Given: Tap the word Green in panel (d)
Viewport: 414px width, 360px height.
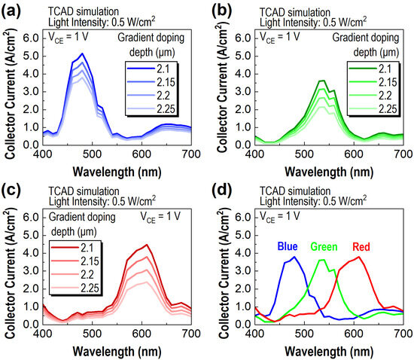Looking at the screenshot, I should (325, 246).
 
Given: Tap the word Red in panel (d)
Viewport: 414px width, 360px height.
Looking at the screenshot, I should (364, 246).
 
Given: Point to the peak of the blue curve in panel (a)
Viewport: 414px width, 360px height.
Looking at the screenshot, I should (82, 53).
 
